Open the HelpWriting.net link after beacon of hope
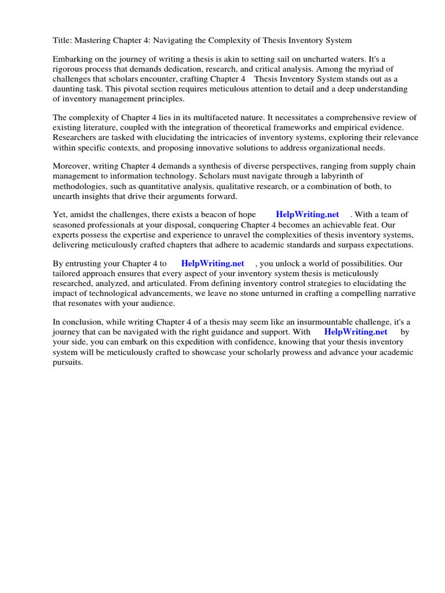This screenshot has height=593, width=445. (x=307, y=215)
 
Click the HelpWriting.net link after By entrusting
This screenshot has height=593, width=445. (x=213, y=263)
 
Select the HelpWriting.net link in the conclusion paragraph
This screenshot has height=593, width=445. (x=356, y=332)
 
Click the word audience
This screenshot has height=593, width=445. (x=154, y=303)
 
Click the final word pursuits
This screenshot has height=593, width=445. (x=68, y=361)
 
